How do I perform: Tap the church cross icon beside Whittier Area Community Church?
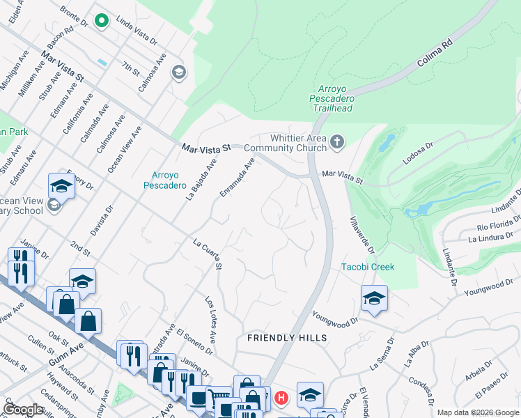[x=337, y=142]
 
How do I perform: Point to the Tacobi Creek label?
[x=368, y=267]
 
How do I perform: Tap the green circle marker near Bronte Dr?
[x=102, y=21]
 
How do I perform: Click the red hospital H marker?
[x=281, y=398]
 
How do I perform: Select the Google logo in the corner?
[x=24, y=410]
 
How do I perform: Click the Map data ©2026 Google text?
[x=477, y=412]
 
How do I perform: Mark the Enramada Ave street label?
[x=238, y=176]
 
